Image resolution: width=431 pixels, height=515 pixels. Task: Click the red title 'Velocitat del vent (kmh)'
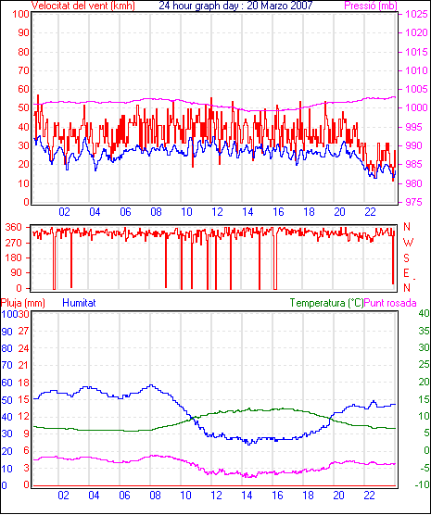(83, 6)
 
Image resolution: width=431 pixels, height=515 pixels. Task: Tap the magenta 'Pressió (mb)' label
(371, 6)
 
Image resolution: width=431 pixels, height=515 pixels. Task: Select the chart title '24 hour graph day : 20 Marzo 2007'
(235, 6)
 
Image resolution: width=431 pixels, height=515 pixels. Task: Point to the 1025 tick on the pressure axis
(416, 14)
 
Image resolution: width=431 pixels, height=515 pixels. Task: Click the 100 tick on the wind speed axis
(20, 14)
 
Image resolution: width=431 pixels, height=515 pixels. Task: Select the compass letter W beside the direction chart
(408, 243)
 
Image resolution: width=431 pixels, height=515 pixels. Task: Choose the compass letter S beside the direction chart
(407, 258)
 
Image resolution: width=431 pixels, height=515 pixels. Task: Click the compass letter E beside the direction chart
(407, 273)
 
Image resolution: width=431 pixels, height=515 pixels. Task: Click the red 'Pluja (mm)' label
(22, 303)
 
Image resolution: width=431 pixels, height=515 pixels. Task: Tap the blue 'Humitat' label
(79, 303)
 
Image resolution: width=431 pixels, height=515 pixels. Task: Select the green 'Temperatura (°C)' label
(327, 303)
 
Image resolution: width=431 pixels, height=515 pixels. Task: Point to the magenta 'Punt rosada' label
(390, 303)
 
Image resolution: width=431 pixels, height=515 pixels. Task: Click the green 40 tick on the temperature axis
(425, 313)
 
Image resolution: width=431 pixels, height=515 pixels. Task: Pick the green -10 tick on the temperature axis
(423, 484)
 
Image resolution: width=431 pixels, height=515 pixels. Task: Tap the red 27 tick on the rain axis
(24, 331)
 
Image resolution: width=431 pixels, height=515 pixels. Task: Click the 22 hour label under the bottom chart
(369, 495)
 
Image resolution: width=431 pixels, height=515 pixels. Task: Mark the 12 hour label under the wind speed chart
(217, 212)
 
